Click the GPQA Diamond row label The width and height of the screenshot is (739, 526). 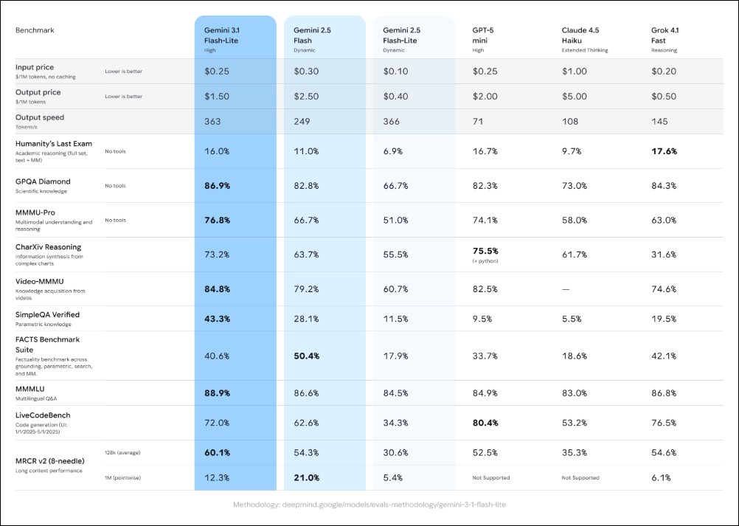point(44,181)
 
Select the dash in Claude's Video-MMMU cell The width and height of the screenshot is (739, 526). point(566,289)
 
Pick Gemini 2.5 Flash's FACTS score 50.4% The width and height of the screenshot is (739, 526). point(307,356)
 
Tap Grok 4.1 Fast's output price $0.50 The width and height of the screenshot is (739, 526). point(664,97)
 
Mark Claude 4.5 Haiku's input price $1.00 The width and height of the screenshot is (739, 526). point(575,71)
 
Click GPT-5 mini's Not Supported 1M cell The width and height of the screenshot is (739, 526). point(490,478)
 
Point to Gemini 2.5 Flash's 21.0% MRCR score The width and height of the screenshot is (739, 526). point(307,478)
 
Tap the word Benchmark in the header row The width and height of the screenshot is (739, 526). point(35,31)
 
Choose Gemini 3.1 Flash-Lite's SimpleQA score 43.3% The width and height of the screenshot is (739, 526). point(218,319)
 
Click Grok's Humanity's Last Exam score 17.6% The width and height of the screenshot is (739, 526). point(664,151)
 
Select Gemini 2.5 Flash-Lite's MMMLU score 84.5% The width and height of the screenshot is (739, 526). point(396,392)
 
